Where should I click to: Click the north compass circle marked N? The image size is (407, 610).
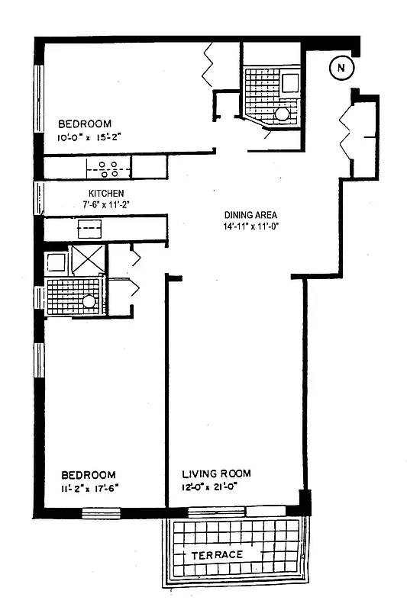(x=341, y=69)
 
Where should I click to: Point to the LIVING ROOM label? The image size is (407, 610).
(x=215, y=474)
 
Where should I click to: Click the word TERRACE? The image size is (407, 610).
(x=218, y=554)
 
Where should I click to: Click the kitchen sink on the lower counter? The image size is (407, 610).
(x=90, y=227)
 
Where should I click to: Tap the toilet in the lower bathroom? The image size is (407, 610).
(x=89, y=301)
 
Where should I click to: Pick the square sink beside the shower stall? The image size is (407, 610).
(x=56, y=263)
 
